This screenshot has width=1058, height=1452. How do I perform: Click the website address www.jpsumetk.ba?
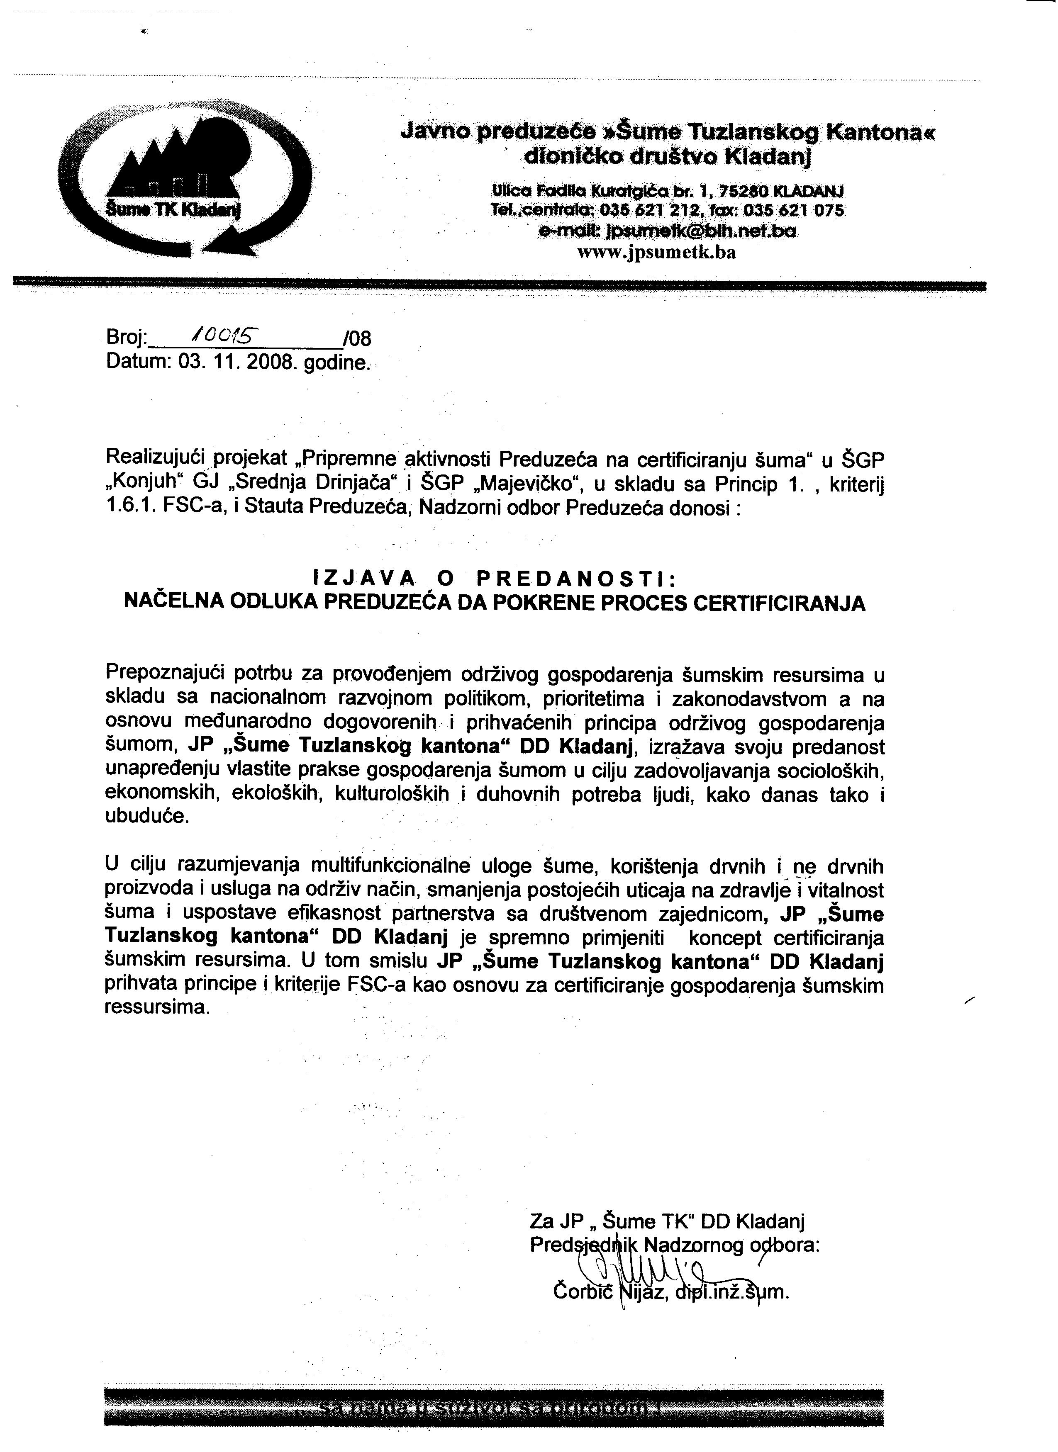656,252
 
